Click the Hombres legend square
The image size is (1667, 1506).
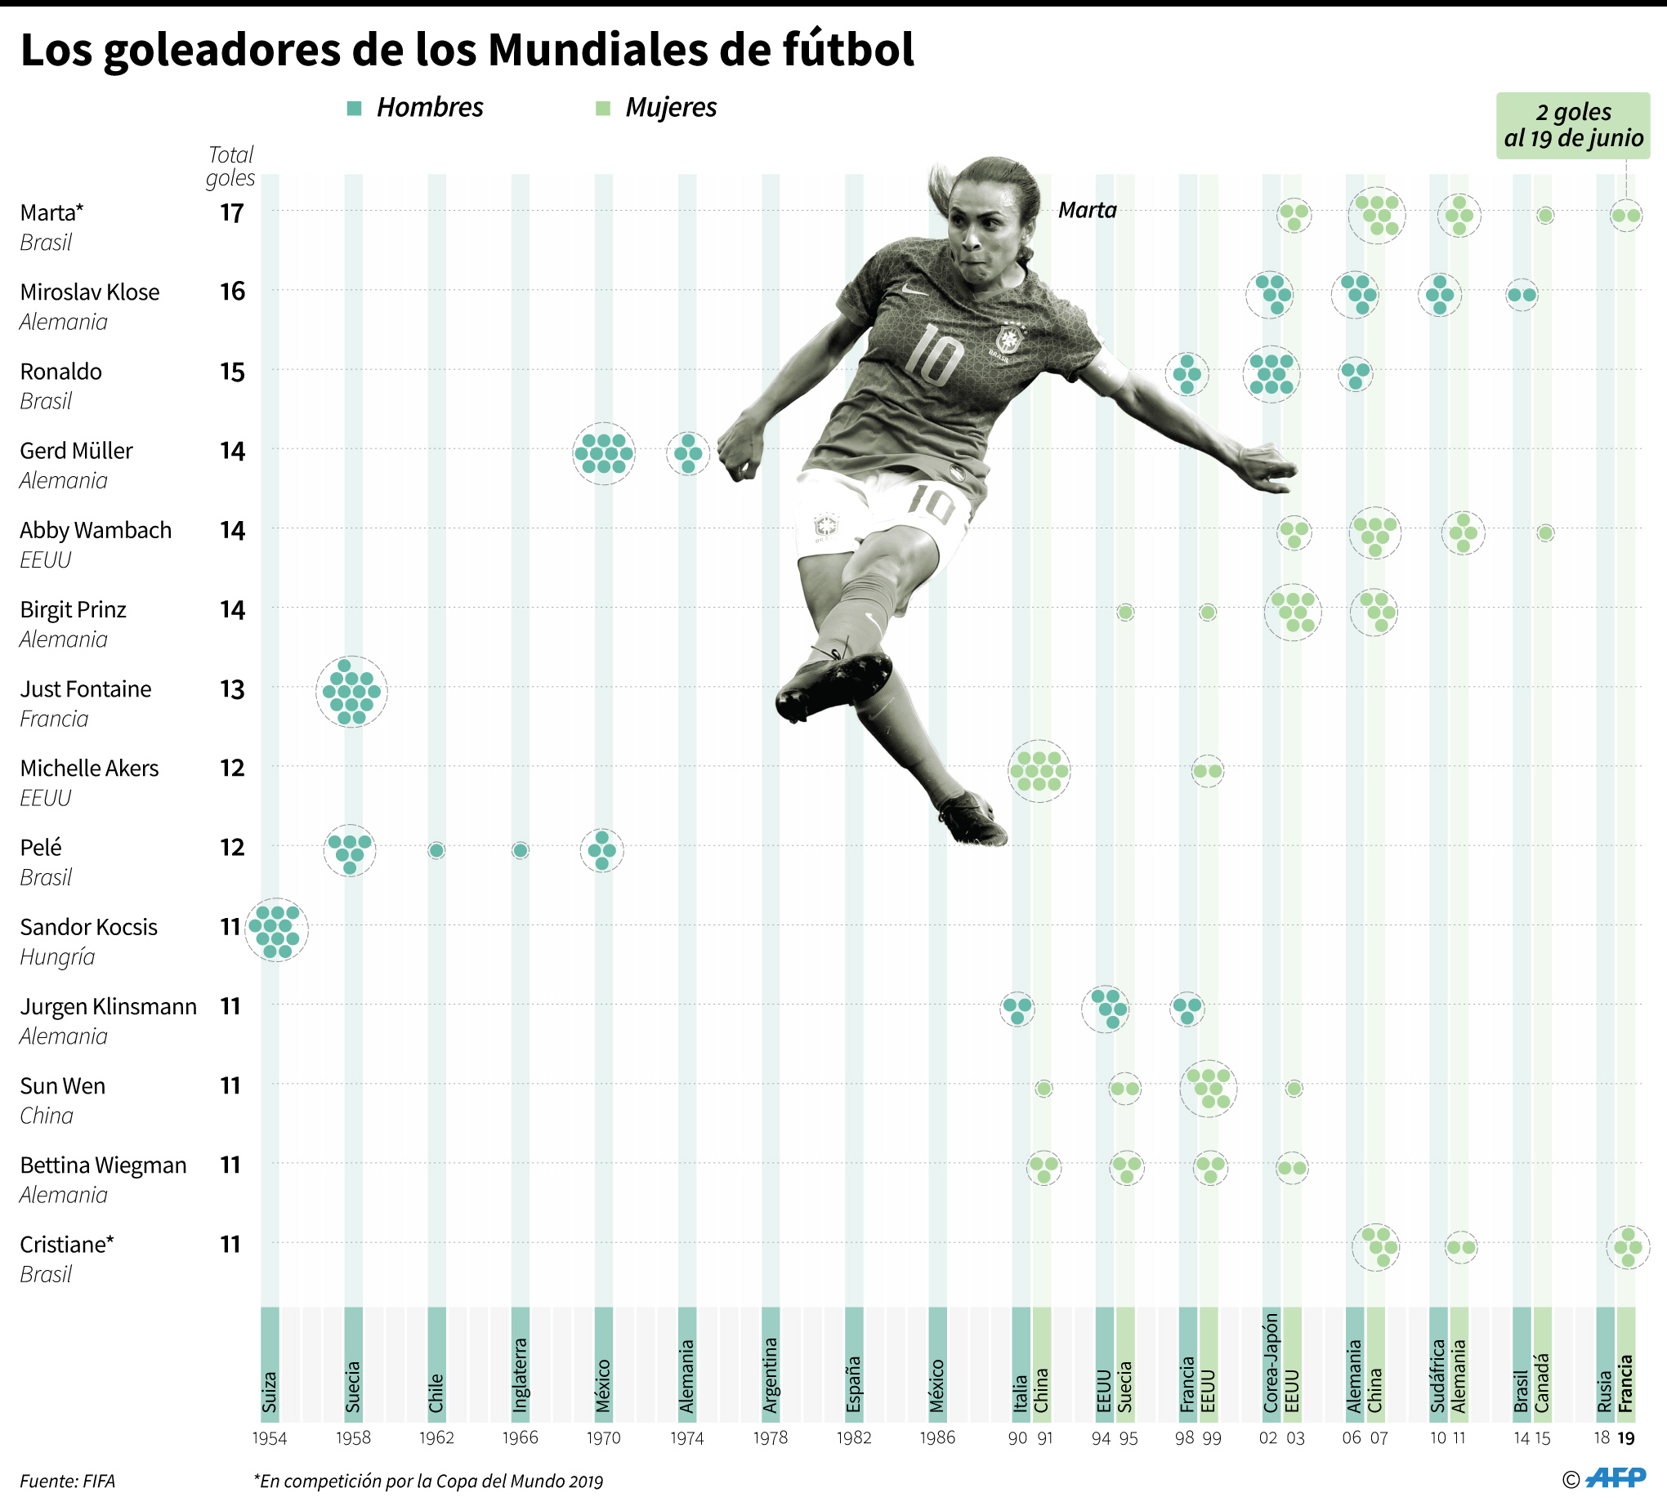click(x=355, y=109)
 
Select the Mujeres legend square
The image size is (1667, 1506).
click(x=603, y=109)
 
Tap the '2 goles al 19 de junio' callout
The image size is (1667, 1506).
click(x=1572, y=126)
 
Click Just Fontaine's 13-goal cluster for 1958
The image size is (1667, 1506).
click(x=351, y=692)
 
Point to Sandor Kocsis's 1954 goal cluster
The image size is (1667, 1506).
click(x=276, y=929)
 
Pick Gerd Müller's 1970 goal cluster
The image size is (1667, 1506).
click(x=604, y=453)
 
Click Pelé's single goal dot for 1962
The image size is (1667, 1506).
click(x=436, y=849)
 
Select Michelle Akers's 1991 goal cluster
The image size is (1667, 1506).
click(x=1039, y=770)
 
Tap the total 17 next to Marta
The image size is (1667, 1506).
click(x=232, y=213)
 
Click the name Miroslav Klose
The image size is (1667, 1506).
click(x=90, y=292)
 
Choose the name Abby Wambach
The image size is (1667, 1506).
click(x=96, y=530)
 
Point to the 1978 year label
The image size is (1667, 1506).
click(x=770, y=1437)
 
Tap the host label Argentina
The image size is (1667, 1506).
click(x=771, y=1375)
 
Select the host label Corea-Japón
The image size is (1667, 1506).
click(x=1271, y=1362)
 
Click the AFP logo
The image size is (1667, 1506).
click(x=1616, y=1479)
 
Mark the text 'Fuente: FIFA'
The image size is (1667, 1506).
click(x=68, y=1481)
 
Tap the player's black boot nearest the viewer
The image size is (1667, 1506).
click(x=833, y=684)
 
